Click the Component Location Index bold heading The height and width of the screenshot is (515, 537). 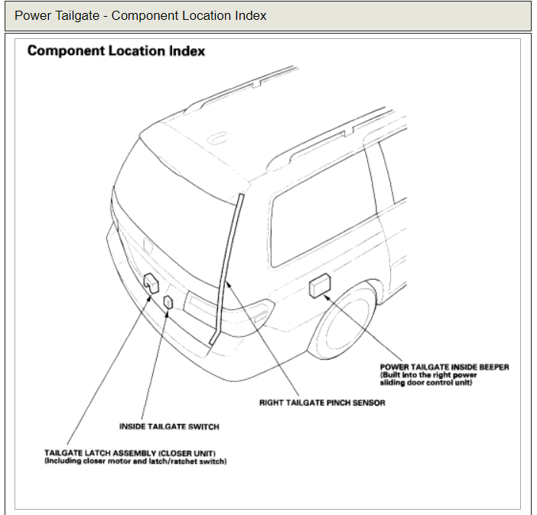116,51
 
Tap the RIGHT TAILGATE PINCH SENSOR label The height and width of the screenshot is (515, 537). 322,403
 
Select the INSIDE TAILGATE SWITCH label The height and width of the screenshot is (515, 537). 169,426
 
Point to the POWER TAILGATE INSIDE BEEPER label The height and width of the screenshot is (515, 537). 444,367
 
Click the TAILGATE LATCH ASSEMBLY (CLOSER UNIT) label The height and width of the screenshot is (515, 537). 135,453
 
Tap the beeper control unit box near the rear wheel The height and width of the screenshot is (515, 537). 319,287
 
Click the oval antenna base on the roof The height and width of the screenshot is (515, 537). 217,140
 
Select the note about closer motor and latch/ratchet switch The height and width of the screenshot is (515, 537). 135,462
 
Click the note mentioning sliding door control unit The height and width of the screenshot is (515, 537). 428,379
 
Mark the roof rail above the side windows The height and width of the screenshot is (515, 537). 321,130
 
